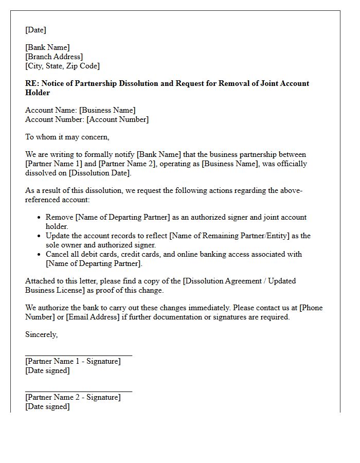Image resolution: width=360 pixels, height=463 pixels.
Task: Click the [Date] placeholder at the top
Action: (35, 30)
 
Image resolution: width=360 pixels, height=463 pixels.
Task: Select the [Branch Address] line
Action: (54, 57)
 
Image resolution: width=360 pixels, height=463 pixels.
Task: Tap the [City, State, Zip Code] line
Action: (62, 66)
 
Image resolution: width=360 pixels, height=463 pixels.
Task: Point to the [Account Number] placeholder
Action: (117, 119)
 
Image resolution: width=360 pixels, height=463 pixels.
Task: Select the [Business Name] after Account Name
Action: (107, 110)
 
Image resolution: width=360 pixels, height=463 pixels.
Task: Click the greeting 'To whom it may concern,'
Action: (67, 137)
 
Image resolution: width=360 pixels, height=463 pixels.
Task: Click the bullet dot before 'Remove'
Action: (39, 218)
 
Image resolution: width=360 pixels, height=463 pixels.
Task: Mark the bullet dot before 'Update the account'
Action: (39, 236)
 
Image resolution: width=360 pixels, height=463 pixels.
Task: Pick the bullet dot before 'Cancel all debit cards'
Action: (39, 255)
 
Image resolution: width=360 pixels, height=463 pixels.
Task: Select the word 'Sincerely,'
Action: (42, 334)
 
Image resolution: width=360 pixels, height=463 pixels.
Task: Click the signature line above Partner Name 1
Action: (78, 355)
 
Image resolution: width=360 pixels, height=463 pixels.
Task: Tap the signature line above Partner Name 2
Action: (78, 391)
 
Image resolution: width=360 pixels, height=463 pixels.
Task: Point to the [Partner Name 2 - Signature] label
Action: (73, 397)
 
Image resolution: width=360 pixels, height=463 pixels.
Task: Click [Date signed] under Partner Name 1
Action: (47, 370)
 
